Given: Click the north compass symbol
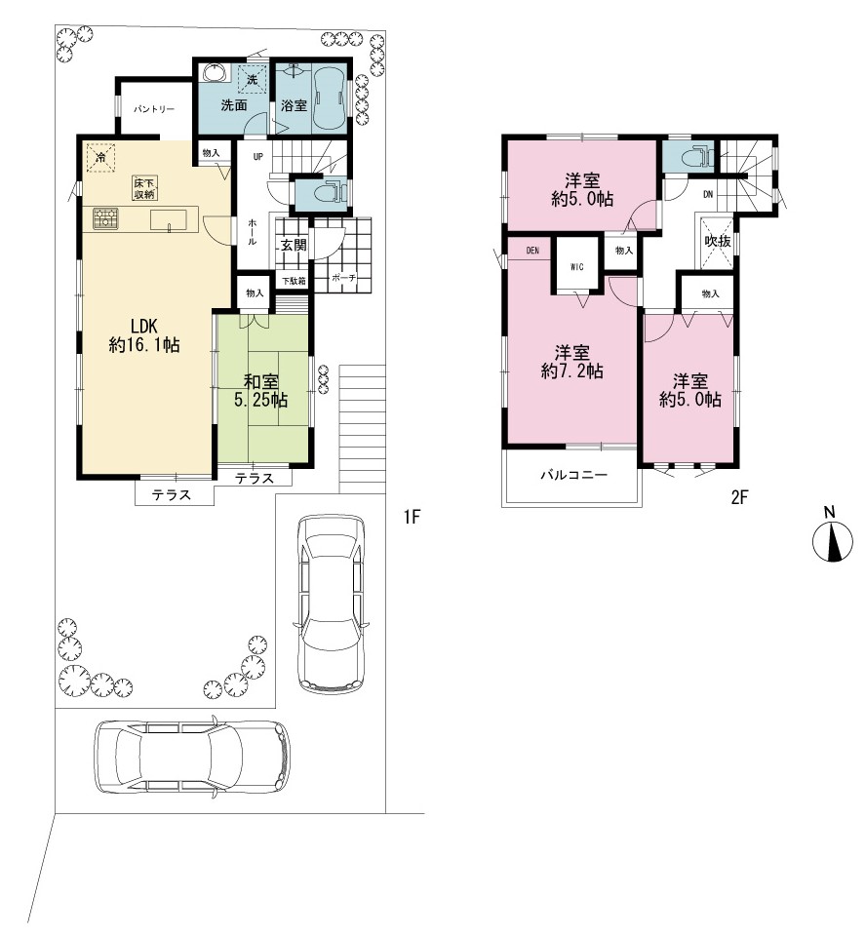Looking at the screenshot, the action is pyautogui.click(x=832, y=541).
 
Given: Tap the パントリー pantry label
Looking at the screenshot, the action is pyautogui.click(x=153, y=109).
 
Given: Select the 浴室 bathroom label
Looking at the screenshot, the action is pyautogui.click(x=294, y=105).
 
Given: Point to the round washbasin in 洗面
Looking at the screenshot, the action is pyautogui.click(x=215, y=73).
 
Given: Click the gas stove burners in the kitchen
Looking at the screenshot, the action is pyautogui.click(x=105, y=217).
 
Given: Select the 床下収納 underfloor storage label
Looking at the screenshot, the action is pyautogui.click(x=145, y=188).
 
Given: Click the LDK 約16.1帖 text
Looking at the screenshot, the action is pyautogui.click(x=144, y=335).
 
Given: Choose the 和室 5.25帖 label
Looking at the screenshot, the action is pyautogui.click(x=261, y=390).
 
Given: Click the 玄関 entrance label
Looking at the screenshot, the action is pyautogui.click(x=294, y=245).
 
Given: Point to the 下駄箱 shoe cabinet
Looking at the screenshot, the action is pyautogui.click(x=294, y=280).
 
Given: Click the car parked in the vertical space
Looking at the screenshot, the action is pyautogui.click(x=331, y=604).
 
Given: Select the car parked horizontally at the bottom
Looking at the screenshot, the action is pyautogui.click(x=193, y=755).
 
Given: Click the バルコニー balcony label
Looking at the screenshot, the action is pyautogui.click(x=573, y=475).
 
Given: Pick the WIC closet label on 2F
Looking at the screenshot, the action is pyautogui.click(x=576, y=267).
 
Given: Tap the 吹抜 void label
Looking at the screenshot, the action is pyautogui.click(x=718, y=241).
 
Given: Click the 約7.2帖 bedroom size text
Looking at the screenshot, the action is pyautogui.click(x=571, y=371).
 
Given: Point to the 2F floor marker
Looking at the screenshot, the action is pyautogui.click(x=739, y=497).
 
